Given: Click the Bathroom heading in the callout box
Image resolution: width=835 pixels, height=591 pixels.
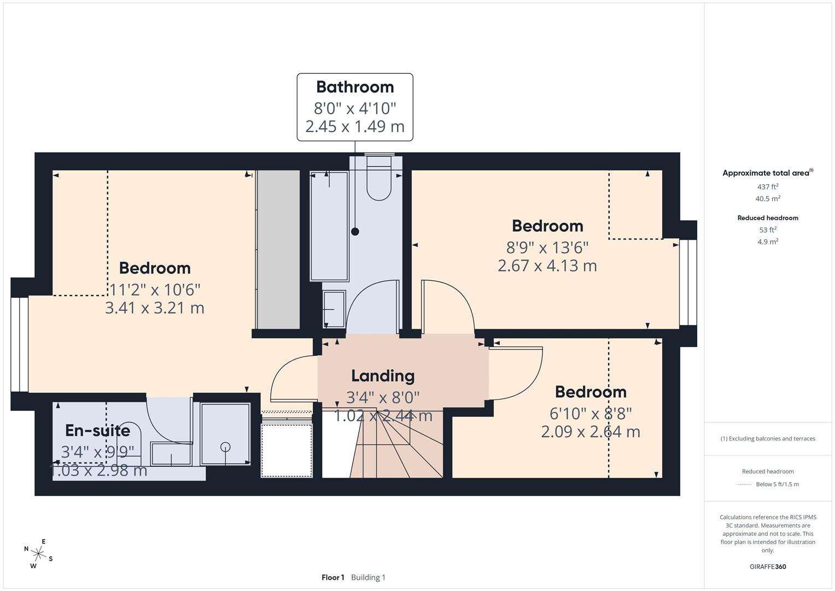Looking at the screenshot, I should tap(355, 87).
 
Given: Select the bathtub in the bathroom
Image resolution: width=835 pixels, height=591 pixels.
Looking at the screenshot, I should tap(329, 226).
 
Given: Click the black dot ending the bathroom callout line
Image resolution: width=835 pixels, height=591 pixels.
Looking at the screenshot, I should tap(355, 231).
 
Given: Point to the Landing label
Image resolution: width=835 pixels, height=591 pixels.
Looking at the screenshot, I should tap(382, 376).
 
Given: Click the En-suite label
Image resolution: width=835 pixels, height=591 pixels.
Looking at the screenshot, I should tap(97, 431).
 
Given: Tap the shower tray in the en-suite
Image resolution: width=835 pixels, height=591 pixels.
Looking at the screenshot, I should tap(225, 434).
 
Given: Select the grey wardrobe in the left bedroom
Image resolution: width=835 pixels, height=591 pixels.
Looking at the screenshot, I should tap(278, 250).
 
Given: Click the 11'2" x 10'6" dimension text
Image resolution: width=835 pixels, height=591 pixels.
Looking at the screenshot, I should tap(155, 289).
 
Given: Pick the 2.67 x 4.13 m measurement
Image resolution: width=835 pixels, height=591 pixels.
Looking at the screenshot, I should tap(547, 266).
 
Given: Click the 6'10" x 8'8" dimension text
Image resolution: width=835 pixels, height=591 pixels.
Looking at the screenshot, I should tap(591, 414).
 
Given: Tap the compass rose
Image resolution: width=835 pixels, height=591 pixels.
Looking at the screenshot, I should tap(38, 553).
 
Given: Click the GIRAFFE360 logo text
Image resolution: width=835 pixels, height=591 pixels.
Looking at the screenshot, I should tap(767, 566).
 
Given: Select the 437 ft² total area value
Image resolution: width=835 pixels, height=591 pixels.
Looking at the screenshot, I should tap(767, 187).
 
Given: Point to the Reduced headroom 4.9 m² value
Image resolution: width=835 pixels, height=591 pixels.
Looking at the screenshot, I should tap(767, 242).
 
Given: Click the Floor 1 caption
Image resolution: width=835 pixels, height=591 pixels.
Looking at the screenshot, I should tap(332, 577).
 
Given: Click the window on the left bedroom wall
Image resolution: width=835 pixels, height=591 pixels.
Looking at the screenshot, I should tap(20, 345).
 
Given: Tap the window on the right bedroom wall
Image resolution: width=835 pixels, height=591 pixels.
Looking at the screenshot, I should tap(688, 283).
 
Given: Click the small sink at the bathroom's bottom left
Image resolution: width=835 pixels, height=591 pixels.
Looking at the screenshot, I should tap(334, 309).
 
